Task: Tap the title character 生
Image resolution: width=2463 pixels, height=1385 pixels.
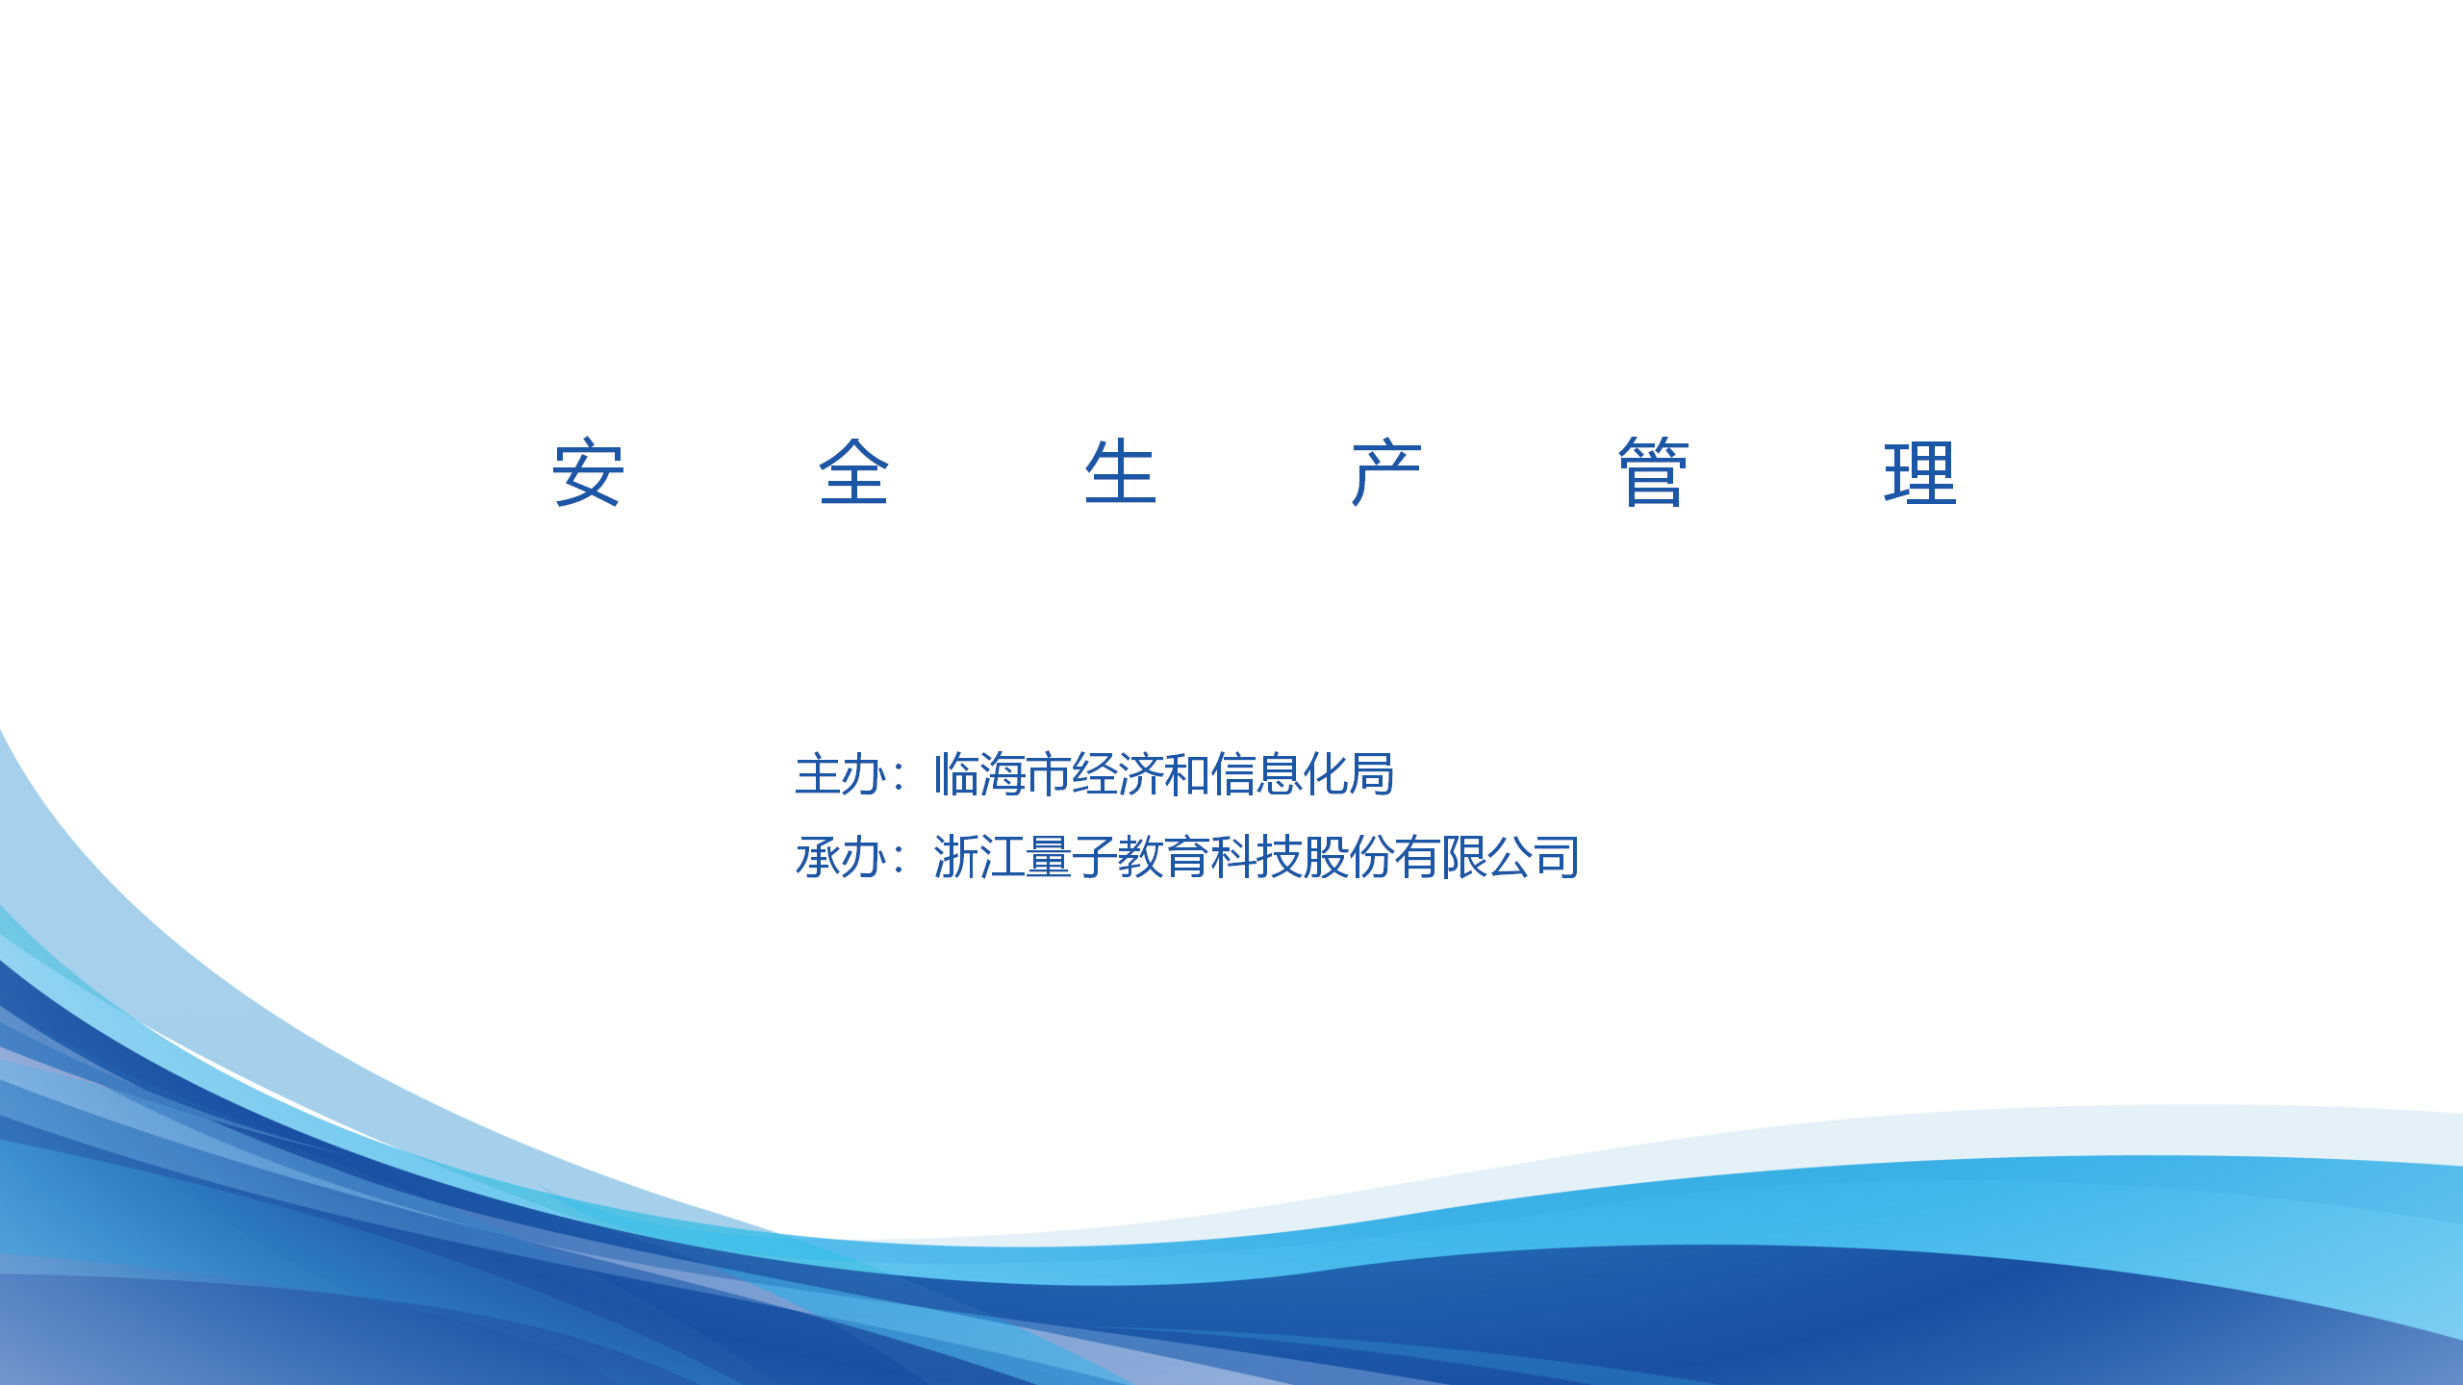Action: click(1120, 471)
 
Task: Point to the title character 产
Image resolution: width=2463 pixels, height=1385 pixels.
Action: click(1386, 471)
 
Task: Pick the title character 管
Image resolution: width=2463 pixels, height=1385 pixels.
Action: click(1653, 471)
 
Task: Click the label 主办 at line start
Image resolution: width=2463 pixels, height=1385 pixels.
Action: click(840, 774)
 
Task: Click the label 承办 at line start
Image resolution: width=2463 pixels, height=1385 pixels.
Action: click(840, 857)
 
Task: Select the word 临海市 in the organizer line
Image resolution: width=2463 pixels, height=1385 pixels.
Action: click(1002, 774)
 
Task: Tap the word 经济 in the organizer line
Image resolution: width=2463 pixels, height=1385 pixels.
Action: click(1117, 774)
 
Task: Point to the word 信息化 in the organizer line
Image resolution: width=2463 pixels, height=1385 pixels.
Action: click(1279, 774)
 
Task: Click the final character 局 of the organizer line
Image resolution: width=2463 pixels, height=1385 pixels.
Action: click(1372, 774)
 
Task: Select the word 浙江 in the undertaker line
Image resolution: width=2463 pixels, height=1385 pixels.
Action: click(978, 857)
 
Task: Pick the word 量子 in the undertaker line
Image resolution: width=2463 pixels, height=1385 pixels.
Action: click(1071, 857)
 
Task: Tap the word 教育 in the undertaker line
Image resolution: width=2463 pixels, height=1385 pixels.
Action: click(1163, 857)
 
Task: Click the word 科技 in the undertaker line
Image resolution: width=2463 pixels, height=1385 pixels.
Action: click(1256, 857)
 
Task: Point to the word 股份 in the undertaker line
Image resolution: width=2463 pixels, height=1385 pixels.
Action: click(1348, 857)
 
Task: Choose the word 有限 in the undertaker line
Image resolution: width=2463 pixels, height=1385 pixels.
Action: click(1440, 857)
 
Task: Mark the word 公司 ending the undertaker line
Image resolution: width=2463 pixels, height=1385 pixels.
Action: click(1533, 857)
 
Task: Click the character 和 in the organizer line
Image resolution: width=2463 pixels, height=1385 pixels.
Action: click(1186, 774)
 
